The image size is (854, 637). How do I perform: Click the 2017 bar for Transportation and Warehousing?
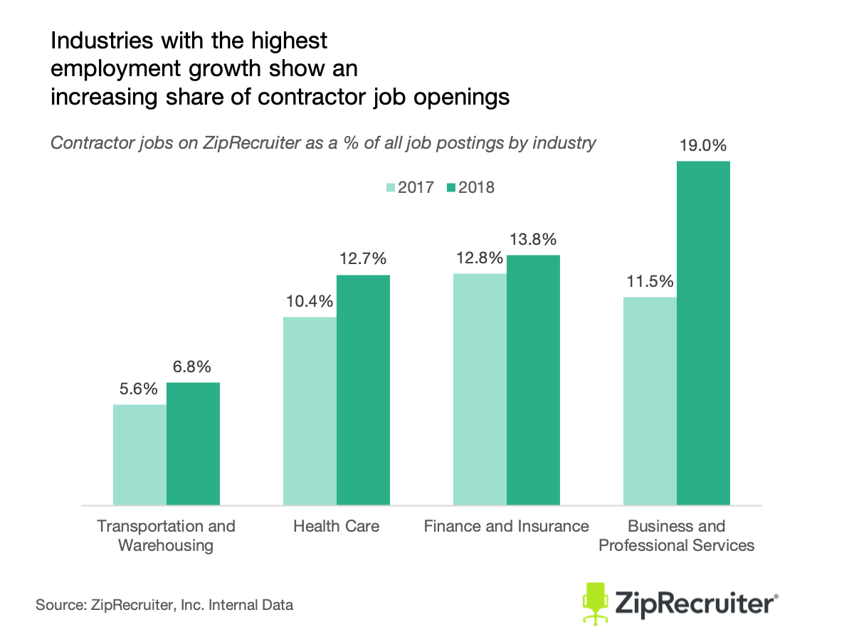(140, 456)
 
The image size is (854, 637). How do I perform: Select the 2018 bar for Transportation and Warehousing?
(194, 445)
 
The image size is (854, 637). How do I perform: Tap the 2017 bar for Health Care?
(310, 411)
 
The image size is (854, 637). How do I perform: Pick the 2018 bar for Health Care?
(363, 390)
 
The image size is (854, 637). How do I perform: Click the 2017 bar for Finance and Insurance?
(480, 389)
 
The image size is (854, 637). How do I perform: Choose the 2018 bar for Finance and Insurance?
(533, 380)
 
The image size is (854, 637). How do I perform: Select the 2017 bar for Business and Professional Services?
(650, 401)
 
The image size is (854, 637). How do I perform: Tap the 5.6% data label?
(139, 389)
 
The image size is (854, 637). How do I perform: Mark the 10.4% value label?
(309, 302)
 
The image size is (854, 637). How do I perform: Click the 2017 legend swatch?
(391, 188)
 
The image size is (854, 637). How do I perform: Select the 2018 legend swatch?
(451, 188)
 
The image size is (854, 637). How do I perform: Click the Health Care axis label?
(336, 527)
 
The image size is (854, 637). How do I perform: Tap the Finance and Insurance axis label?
(506, 527)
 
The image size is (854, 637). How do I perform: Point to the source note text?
(164, 606)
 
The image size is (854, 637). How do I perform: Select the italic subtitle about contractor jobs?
(322, 143)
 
